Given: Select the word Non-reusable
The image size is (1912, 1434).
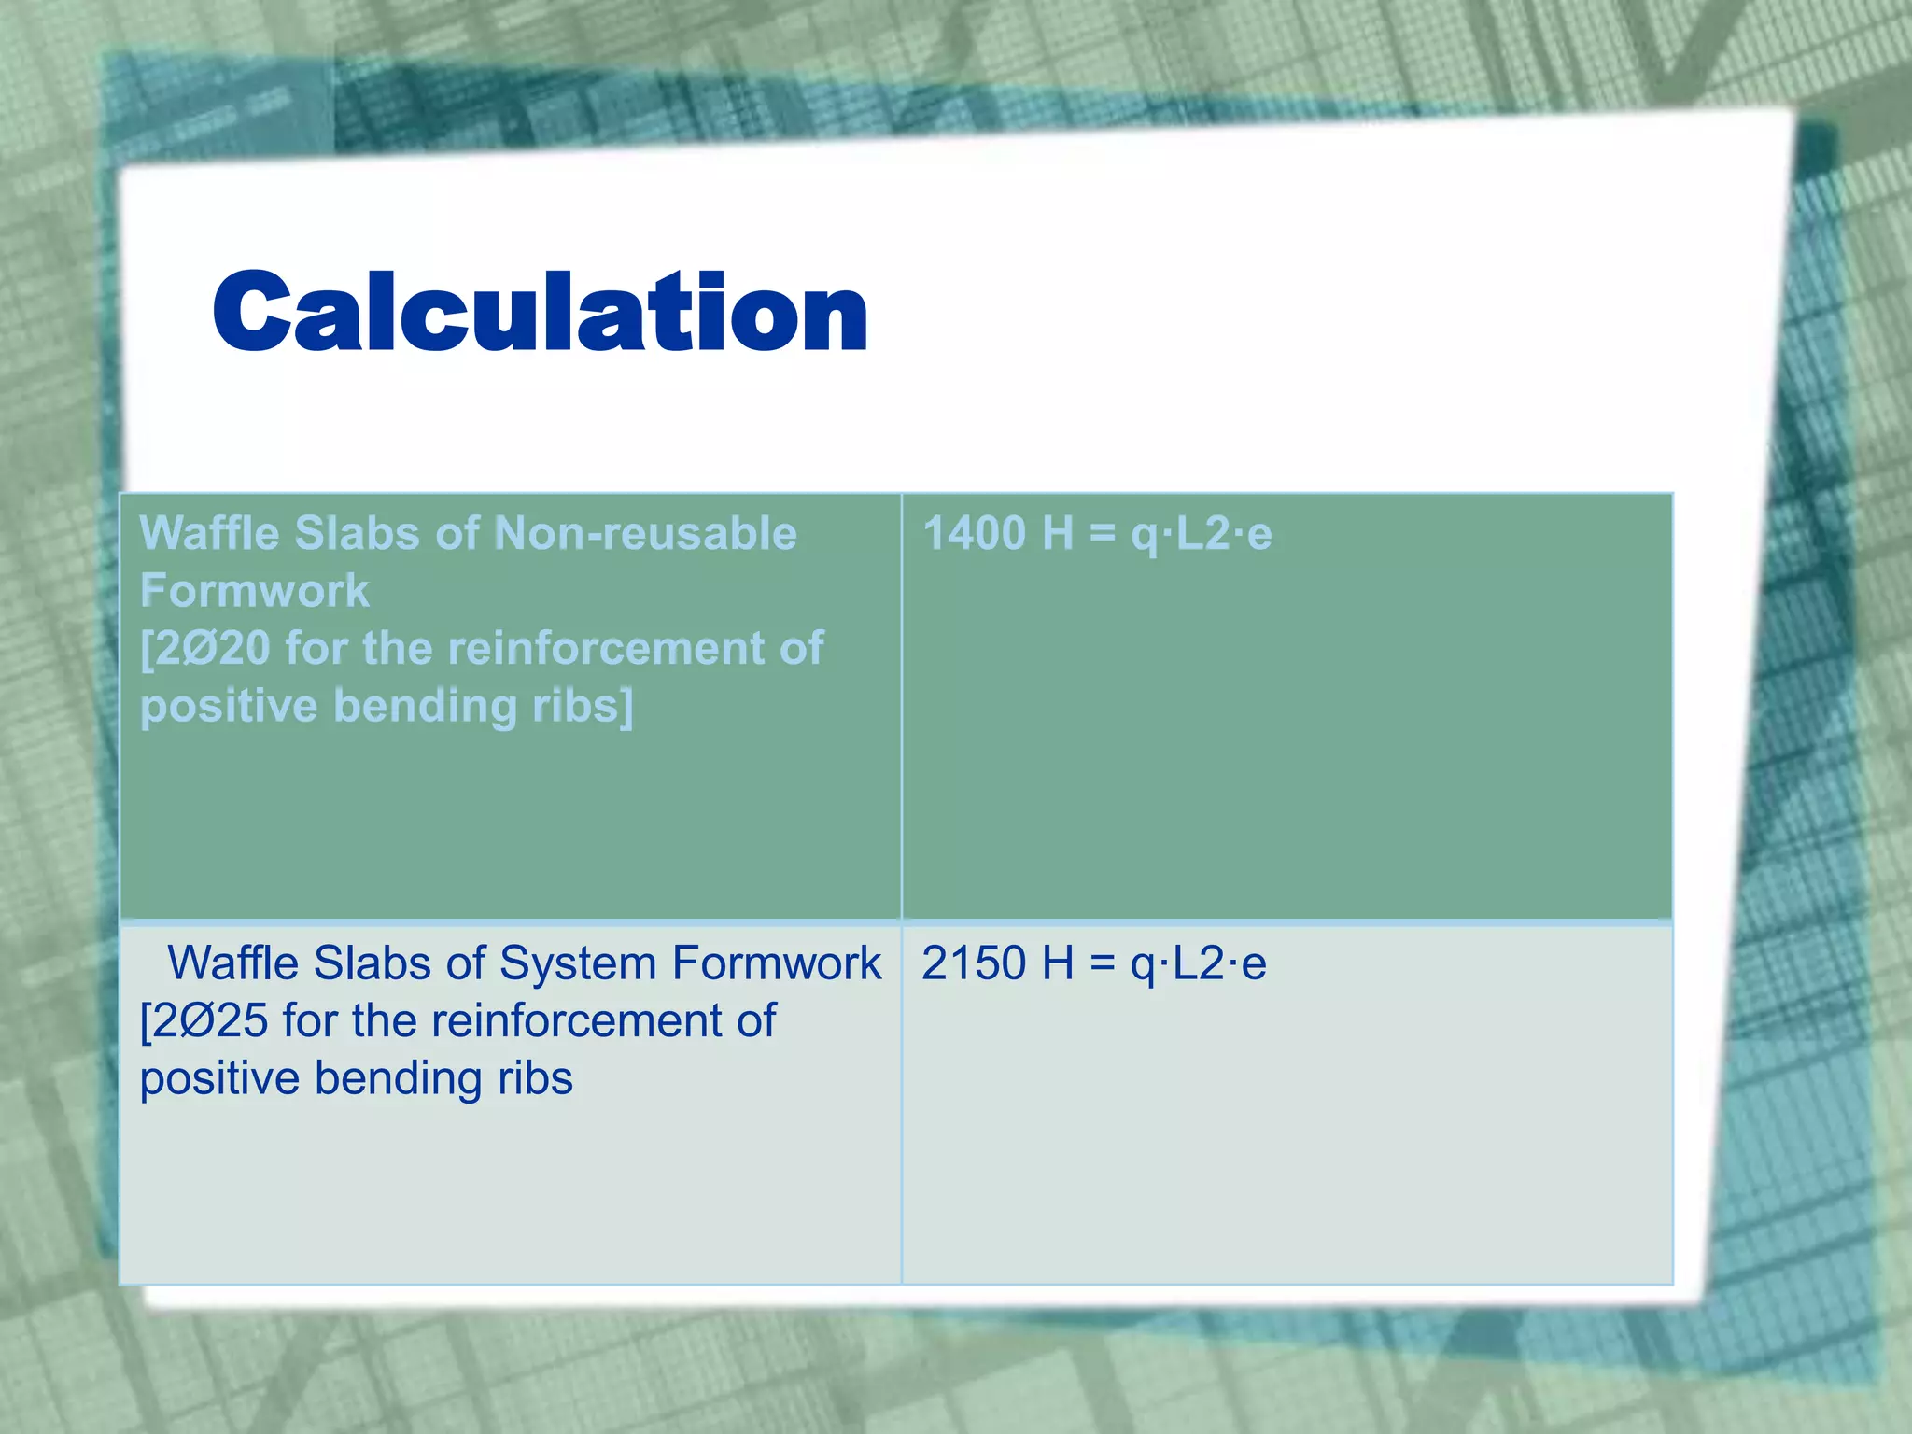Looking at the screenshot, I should point(645,534).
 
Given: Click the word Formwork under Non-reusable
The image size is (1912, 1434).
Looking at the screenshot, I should point(254,591).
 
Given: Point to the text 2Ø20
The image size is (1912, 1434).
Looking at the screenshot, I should point(214,648).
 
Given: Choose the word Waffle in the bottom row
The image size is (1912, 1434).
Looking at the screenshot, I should point(234,963).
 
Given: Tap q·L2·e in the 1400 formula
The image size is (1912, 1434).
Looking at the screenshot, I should point(1202,534).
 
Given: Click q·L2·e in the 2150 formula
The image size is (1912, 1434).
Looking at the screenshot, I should point(1198,963).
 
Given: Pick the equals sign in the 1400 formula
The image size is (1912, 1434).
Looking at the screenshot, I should point(1103,534).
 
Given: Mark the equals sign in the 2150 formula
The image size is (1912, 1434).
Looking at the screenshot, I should point(1103,963).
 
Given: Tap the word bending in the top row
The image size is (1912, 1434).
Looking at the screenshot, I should point(426,705).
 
